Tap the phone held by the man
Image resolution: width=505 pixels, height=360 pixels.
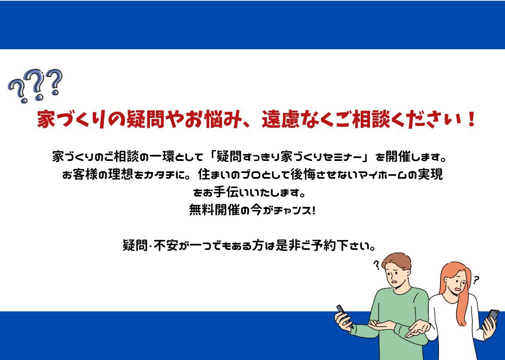coord(344,316)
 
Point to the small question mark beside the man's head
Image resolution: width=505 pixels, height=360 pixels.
coord(376,265)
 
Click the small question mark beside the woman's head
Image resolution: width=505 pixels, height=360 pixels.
coord(476,280)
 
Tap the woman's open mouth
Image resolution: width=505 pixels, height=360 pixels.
coord(458,289)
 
